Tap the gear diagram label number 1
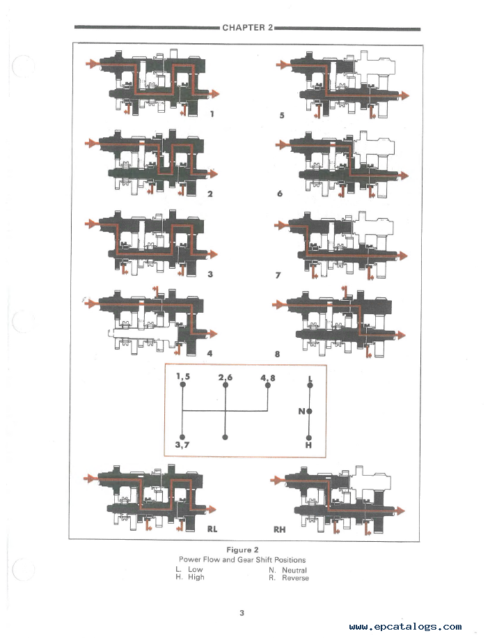(x=211, y=114)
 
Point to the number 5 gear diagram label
(x=281, y=115)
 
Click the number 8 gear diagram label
(x=277, y=354)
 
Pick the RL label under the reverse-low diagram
(x=212, y=529)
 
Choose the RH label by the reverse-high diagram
(x=279, y=529)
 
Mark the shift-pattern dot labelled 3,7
(x=183, y=437)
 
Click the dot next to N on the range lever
(x=309, y=411)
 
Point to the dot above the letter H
(x=309, y=437)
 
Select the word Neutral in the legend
(x=294, y=570)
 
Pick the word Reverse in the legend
(x=295, y=578)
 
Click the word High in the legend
(x=196, y=577)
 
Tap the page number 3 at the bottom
(x=242, y=613)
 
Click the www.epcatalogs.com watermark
(x=405, y=627)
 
